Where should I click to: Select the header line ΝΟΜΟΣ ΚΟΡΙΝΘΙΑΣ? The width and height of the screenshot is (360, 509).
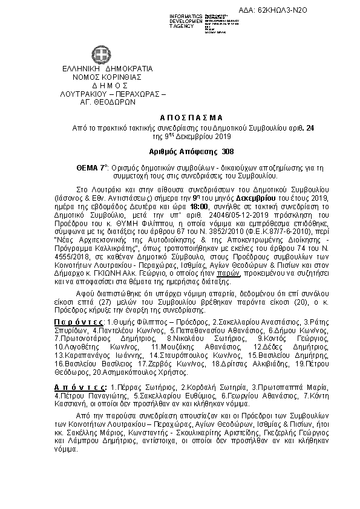point(107,77)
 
